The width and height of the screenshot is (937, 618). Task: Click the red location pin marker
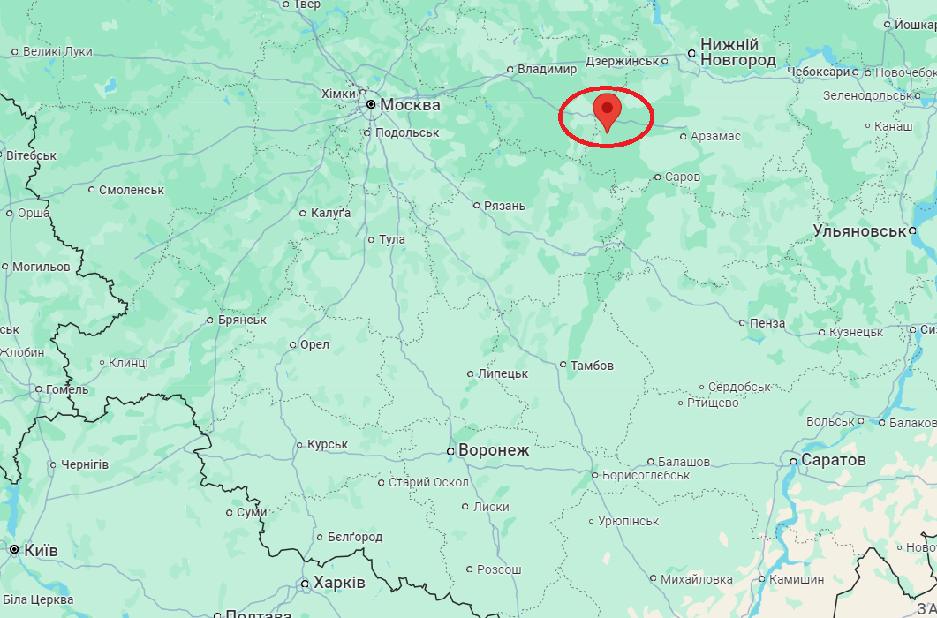coord(607,111)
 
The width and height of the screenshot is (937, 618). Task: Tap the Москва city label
coord(410,104)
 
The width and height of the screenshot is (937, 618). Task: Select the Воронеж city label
coord(494,450)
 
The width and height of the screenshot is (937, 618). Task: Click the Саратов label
coord(834,460)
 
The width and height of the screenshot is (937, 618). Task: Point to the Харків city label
coord(339,583)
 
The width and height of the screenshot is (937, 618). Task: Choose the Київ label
coord(42,550)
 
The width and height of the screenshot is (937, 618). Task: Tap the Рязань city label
coord(505,206)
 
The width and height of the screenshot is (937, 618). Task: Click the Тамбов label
coord(592,365)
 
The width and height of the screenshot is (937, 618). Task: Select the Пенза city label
coord(767,323)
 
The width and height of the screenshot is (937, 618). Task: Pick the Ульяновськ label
coord(859,231)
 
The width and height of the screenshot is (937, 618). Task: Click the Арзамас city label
coord(716,136)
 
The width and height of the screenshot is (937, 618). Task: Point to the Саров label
coord(683,177)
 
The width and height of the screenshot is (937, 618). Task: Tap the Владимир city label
coord(547,69)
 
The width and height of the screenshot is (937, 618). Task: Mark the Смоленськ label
coord(132,190)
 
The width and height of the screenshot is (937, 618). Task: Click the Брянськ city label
coord(242,320)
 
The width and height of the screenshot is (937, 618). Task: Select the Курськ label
coord(328,444)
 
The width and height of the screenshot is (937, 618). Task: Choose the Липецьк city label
coord(503,373)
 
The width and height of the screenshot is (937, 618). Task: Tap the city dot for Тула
coord(371,239)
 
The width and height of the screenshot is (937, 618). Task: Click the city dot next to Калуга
coord(302,214)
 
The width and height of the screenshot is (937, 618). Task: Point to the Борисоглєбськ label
coord(646,475)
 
